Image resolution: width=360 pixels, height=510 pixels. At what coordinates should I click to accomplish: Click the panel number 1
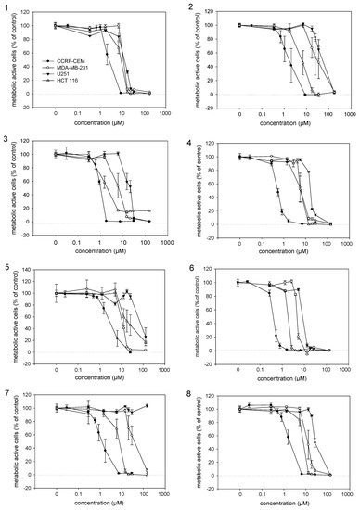pos(5,6)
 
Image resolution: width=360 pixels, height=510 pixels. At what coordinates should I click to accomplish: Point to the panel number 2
pos(190,6)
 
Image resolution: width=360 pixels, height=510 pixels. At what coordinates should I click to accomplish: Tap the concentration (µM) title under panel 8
pos(280,504)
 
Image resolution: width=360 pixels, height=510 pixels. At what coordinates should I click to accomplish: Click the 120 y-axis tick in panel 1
pos(32,13)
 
